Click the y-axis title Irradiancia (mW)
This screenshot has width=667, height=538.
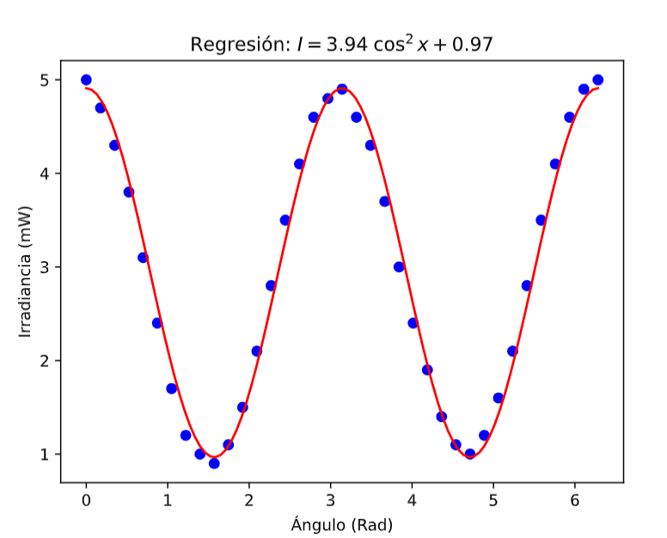click(25, 271)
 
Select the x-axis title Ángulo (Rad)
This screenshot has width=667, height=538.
click(342, 523)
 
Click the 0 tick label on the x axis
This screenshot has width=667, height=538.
click(86, 500)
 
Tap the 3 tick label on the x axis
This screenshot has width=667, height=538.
click(330, 500)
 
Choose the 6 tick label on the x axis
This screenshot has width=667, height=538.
click(574, 500)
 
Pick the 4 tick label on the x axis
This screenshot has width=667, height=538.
click(412, 500)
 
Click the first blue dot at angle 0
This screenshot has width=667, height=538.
click(86, 80)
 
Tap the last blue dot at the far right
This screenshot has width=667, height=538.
click(598, 80)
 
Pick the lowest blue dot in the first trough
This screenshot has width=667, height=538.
click(214, 463)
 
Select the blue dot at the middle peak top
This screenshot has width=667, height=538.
click(342, 89)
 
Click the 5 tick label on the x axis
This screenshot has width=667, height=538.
click(493, 500)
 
